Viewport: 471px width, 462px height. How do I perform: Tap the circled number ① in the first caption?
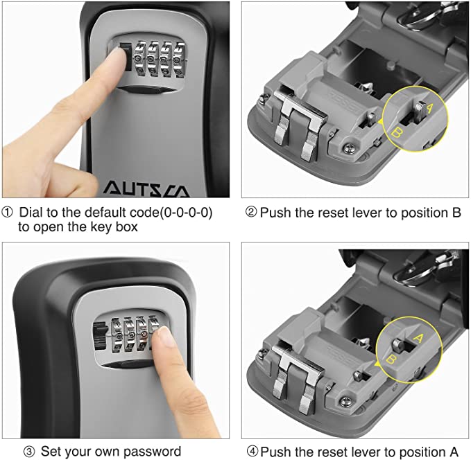coord(9,212)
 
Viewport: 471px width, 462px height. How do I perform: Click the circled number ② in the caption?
coord(251,212)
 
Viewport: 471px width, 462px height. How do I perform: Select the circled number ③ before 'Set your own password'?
coord(29,452)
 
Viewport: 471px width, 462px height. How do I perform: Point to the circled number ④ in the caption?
coord(251,452)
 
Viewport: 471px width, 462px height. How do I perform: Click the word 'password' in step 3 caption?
coord(156,452)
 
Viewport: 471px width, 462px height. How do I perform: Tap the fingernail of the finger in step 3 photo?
coord(164,337)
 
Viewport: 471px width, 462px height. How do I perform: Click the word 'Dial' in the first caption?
coord(31,212)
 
